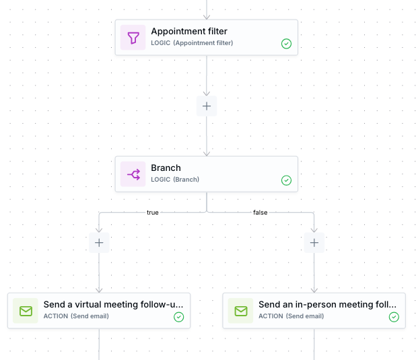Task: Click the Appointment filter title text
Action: tap(189, 32)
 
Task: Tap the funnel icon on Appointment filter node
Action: tap(133, 38)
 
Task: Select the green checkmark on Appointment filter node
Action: tap(286, 44)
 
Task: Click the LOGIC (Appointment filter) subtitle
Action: tap(192, 43)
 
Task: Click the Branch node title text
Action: tap(166, 168)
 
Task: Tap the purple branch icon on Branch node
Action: tap(133, 175)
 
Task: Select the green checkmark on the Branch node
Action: tap(286, 180)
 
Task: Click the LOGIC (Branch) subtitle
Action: tap(175, 180)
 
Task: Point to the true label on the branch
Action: tap(153, 213)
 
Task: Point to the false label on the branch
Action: tap(260, 213)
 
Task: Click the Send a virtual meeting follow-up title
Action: tap(113, 305)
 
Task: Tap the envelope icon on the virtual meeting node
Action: tap(26, 311)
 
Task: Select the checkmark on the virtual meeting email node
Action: tap(178, 317)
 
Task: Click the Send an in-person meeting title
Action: tap(327, 305)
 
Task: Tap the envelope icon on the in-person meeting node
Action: tap(241, 311)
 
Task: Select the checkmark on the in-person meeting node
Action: tap(394, 317)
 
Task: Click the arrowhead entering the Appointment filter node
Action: tap(207, 15)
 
